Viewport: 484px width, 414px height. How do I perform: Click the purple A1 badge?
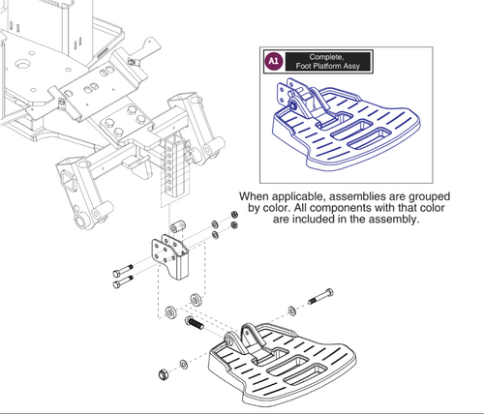click(273, 61)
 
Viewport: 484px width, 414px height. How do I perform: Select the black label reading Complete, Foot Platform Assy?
click(328, 61)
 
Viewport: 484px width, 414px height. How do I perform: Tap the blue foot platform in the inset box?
click(347, 124)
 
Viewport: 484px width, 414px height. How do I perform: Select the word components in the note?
click(326, 208)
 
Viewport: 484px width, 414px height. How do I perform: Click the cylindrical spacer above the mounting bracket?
click(178, 226)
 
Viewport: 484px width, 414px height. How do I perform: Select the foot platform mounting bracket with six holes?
click(169, 256)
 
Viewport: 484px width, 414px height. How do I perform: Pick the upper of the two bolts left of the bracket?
click(123, 271)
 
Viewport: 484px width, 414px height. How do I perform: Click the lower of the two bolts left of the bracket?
click(123, 281)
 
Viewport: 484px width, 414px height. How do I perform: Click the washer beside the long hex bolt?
click(292, 310)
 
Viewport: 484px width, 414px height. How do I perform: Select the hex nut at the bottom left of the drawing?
click(163, 374)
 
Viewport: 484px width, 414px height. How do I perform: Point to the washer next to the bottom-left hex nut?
click(184, 365)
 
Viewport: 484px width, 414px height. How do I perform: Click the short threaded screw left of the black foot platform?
click(194, 323)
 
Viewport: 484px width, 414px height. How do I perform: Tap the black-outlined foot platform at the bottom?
click(283, 364)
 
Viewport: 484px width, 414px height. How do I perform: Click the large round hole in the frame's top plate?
click(22, 64)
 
